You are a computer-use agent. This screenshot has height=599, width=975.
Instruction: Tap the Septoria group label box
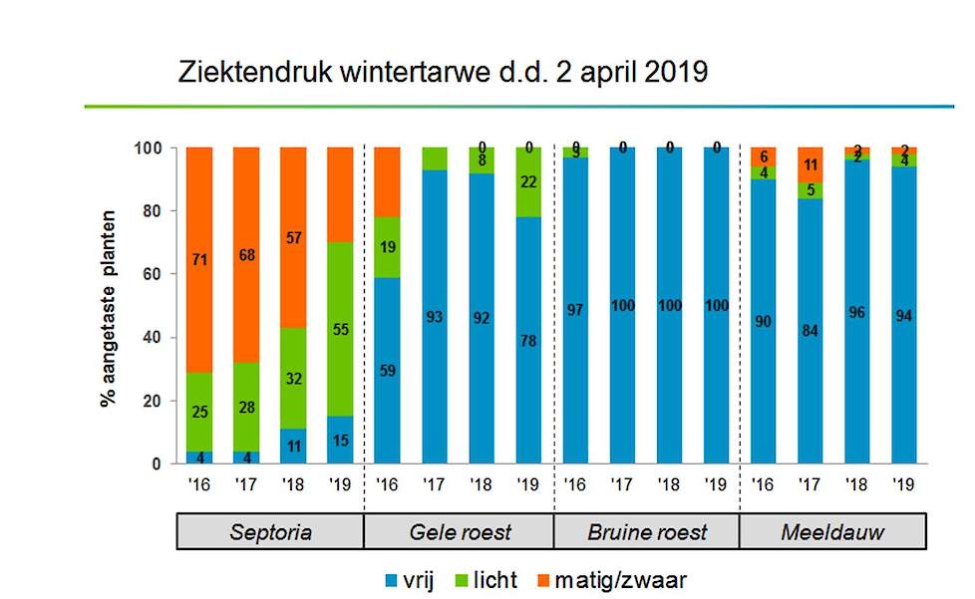(270, 531)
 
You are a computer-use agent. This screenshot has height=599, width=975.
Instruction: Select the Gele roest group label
(460, 531)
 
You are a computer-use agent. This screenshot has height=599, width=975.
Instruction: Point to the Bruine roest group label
(646, 531)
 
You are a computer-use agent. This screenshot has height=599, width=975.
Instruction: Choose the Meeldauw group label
(833, 531)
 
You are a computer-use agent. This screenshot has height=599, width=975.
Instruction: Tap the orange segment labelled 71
(199, 261)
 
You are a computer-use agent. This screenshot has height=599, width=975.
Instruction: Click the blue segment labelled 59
(388, 371)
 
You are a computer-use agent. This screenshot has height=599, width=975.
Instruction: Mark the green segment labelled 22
(527, 182)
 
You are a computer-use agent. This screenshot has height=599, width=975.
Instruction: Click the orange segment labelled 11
(810, 164)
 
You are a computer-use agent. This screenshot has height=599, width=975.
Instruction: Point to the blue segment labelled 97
(574, 311)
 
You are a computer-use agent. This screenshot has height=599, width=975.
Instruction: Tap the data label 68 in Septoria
(246, 256)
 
